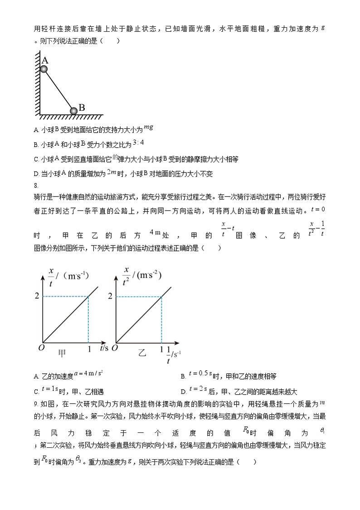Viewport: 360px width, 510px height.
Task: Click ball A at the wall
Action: [x=44, y=69]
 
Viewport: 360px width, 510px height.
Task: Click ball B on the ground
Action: [x=73, y=111]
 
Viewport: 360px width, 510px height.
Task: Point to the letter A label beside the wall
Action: [x=45, y=60]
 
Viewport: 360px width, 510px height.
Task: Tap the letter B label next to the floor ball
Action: [x=82, y=108]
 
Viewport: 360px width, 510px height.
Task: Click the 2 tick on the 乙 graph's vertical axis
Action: [x=110, y=296]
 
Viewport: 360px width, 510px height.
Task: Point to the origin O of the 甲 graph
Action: [x=38, y=348]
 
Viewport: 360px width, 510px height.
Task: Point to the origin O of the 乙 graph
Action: [x=114, y=348]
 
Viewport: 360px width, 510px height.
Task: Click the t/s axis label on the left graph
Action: [x=103, y=348]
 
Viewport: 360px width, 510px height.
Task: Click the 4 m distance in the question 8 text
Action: [x=155, y=233]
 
